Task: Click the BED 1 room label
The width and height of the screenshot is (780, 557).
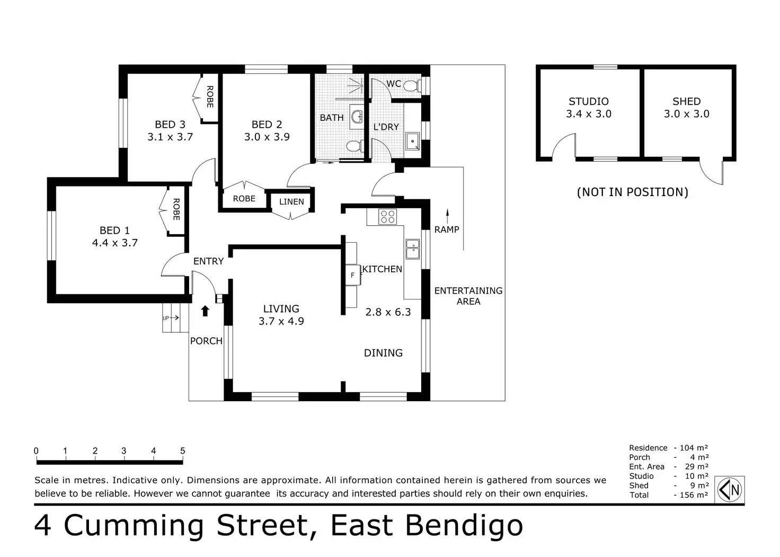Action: click(114, 230)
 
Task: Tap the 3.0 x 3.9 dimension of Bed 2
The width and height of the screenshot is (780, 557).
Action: click(267, 137)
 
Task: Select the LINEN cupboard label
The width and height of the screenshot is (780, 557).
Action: click(291, 202)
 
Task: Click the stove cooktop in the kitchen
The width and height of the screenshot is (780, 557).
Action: click(387, 216)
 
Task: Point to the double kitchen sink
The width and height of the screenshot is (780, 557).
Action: click(413, 249)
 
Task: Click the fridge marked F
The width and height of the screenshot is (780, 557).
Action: click(353, 275)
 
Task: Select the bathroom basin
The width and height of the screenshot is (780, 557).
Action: click(357, 117)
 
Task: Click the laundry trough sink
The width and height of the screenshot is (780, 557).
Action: click(413, 142)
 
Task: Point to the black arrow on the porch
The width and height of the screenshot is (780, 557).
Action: click(205, 311)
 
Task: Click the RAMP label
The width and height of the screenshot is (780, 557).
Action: click(447, 229)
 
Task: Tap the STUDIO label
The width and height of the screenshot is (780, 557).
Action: click(589, 101)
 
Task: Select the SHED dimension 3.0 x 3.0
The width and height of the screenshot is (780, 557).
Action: click(686, 114)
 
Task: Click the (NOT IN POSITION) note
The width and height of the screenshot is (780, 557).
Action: click(632, 192)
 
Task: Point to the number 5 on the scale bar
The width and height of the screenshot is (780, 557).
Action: click(182, 451)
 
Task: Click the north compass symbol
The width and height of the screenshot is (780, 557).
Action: click(730, 490)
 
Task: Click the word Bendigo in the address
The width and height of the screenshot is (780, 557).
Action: click(464, 526)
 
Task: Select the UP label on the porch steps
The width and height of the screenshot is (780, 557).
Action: click(166, 318)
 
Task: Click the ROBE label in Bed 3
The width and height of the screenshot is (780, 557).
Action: click(210, 97)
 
